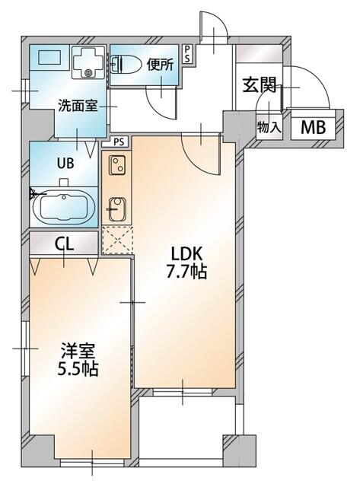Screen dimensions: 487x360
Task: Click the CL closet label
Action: click(x=64, y=243)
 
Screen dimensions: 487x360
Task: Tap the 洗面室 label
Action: click(x=77, y=107)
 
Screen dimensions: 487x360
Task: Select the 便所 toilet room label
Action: click(x=161, y=65)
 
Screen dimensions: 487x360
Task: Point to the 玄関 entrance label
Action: click(x=259, y=85)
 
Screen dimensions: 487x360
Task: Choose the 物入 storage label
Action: click(x=269, y=126)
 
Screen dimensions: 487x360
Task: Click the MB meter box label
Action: click(x=313, y=127)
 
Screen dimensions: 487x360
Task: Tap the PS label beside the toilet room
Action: click(x=188, y=55)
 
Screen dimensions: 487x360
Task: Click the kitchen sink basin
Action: click(x=116, y=207)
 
